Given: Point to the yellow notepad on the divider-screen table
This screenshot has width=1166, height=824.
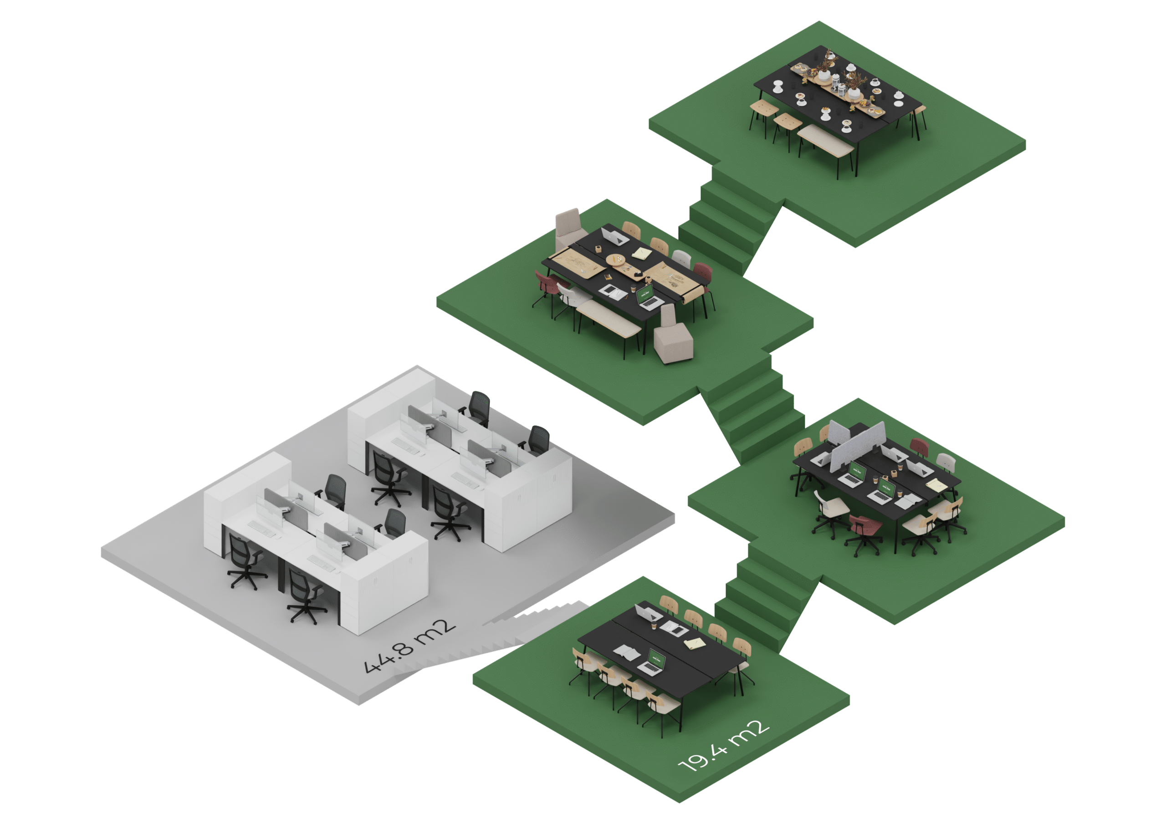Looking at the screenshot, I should tap(936, 485).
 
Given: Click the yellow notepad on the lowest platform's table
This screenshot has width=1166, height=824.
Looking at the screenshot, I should tap(694, 644).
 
